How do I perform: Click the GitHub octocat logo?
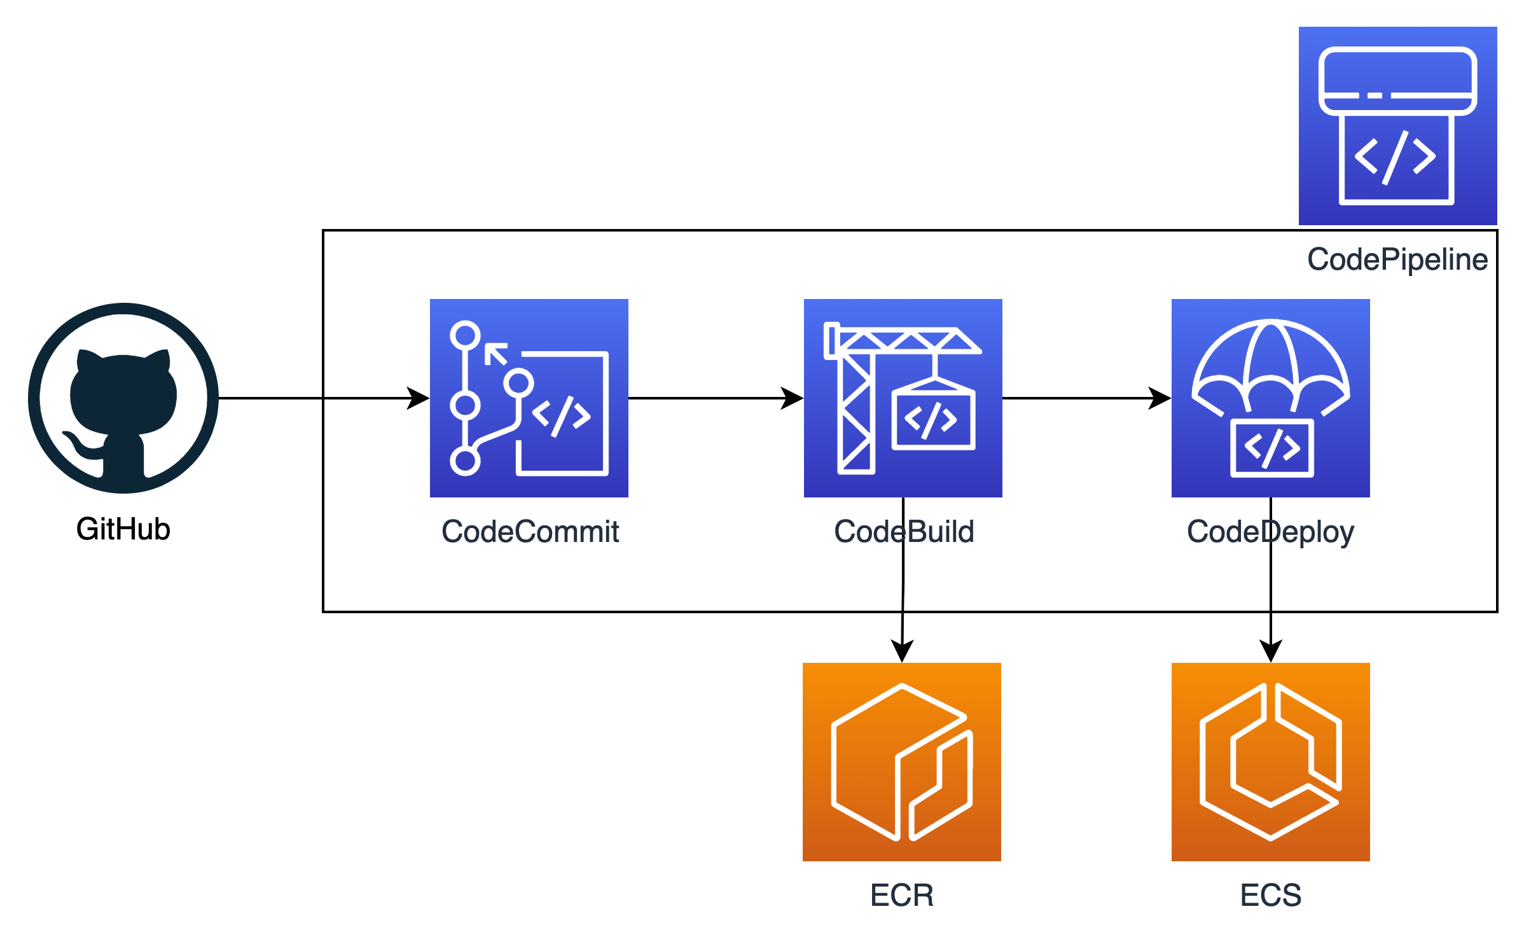click(123, 398)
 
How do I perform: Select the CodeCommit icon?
click(529, 398)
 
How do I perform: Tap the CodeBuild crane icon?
click(903, 398)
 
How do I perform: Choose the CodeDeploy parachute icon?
click(1271, 398)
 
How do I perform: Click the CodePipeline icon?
click(1398, 126)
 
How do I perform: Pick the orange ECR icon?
click(902, 762)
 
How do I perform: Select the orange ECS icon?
click(1271, 762)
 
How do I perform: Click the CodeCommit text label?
click(530, 532)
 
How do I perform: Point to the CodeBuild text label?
click(904, 532)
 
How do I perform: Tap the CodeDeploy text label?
click(1271, 532)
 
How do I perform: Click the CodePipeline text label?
click(1397, 260)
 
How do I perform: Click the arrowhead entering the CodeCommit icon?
click(419, 398)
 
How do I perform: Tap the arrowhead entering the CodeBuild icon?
click(793, 398)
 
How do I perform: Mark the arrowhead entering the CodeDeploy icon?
click(1160, 398)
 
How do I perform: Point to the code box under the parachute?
click(1272, 448)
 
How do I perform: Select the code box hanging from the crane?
click(932, 420)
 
